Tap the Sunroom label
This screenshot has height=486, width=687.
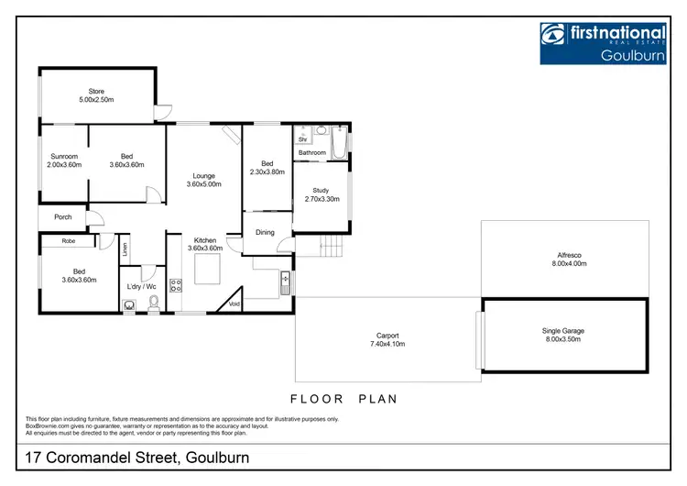pos(64,160)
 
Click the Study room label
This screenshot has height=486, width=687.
pos(321,193)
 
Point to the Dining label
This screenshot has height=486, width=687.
pos(265,232)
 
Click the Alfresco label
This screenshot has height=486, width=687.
pos(568,258)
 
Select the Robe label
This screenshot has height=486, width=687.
pos(69,241)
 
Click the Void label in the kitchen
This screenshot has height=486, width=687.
pos(234,304)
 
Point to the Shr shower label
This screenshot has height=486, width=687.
pos(302,139)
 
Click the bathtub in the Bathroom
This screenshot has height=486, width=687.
pos(340,145)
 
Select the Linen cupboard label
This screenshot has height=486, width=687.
pos(125,248)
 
